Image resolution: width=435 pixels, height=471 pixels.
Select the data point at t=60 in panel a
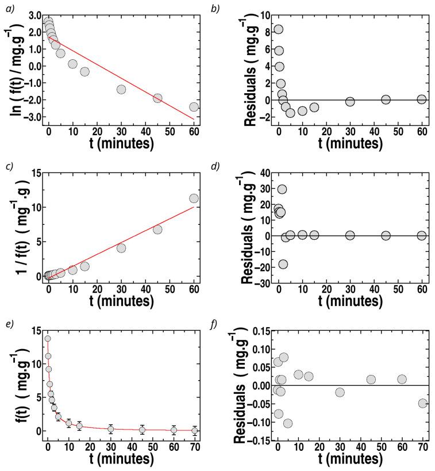pos(194,106)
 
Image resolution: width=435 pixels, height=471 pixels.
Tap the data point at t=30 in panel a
pos(121,89)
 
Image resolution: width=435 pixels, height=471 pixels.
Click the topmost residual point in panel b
pos(278,29)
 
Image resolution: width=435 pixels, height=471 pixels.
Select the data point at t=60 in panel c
pos(194,198)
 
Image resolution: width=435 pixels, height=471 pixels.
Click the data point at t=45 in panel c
pos(157,229)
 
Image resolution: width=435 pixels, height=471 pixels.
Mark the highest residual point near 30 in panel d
pos(282,189)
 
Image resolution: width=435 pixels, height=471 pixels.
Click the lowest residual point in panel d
pos(283,265)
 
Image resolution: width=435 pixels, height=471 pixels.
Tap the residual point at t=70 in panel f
pos(423,403)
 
